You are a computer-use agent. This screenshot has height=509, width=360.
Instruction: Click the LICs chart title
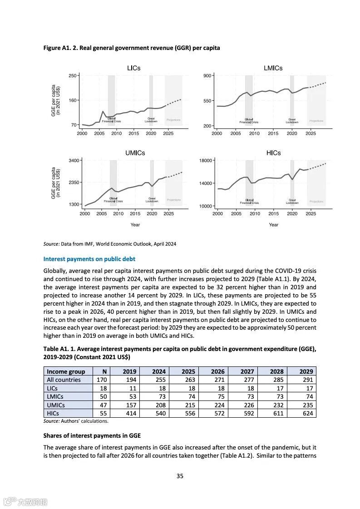tap(133, 68)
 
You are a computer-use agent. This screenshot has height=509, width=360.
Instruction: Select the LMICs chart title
tap(273, 68)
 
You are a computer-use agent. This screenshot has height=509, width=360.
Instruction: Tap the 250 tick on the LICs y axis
tap(72, 75)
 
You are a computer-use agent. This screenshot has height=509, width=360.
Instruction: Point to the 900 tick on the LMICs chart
tap(208, 75)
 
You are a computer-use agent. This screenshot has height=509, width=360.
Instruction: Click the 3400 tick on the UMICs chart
tap(74, 160)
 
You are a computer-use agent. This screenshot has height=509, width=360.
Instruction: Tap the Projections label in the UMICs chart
tap(173, 200)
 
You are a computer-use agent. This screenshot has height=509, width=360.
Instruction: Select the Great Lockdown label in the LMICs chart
tap(292, 121)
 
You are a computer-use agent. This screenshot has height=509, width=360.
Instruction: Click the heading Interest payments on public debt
tap(89, 259)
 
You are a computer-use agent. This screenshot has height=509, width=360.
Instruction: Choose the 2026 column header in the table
tap(217, 371)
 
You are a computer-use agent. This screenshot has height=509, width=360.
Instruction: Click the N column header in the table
tap(104, 371)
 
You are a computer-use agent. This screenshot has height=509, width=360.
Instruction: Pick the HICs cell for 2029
tap(306, 413)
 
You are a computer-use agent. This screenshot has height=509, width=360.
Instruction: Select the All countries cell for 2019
tap(129, 380)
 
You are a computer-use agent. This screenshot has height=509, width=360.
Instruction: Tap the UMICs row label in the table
tap(56, 405)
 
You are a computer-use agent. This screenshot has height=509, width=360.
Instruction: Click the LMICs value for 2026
tap(220, 396)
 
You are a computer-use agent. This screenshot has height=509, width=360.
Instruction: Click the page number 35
tap(180, 476)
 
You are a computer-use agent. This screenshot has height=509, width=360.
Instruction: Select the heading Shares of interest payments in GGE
tap(92, 435)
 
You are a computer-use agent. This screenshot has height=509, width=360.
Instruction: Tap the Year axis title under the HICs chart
tap(273, 225)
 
